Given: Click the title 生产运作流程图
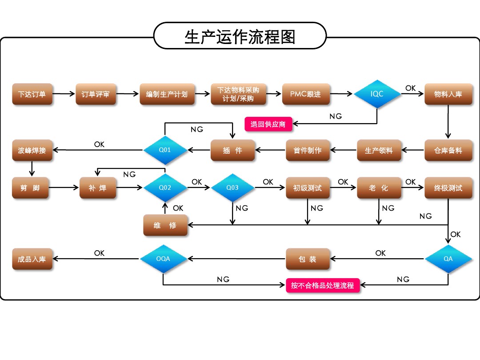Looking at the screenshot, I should (240, 36).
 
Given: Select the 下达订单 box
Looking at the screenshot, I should (32, 94).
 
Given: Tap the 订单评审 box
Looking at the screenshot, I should (96, 94).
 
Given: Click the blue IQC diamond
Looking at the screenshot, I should (377, 94).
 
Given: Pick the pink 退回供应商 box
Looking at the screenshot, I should (268, 124).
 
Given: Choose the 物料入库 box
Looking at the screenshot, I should (448, 94).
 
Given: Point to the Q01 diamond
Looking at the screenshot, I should (165, 150).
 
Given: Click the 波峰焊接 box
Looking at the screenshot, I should (32, 150).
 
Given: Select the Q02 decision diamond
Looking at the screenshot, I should (165, 188).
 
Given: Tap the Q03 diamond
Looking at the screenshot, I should (232, 188).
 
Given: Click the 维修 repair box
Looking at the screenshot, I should (165, 225).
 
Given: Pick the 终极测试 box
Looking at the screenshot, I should (448, 188).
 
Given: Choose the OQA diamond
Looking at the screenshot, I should (163, 259).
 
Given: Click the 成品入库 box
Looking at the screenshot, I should (32, 259).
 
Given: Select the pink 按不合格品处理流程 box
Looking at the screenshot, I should (323, 285).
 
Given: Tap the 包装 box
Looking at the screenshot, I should (308, 259).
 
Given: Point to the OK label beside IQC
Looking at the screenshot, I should (411, 88).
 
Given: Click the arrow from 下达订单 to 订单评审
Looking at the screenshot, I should (64, 94).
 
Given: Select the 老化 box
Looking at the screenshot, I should (379, 188).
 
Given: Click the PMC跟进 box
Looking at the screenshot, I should (305, 94).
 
